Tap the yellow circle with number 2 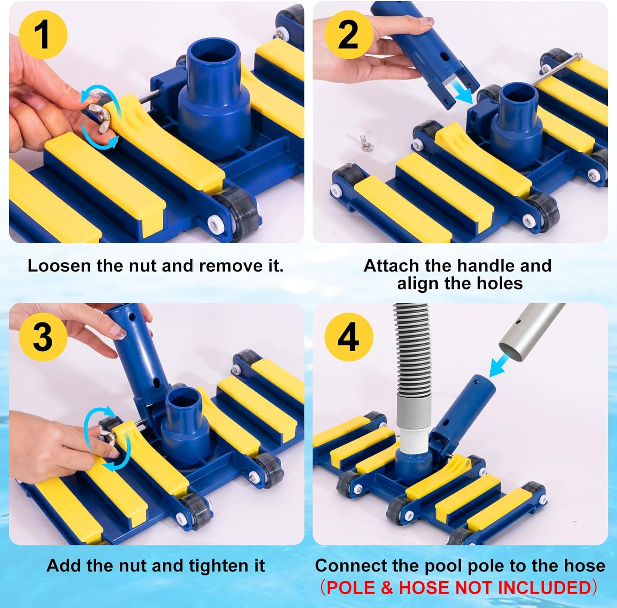point(348,35)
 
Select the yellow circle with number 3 point(43,337)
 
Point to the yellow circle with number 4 point(348,337)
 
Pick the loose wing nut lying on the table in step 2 point(364,142)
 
